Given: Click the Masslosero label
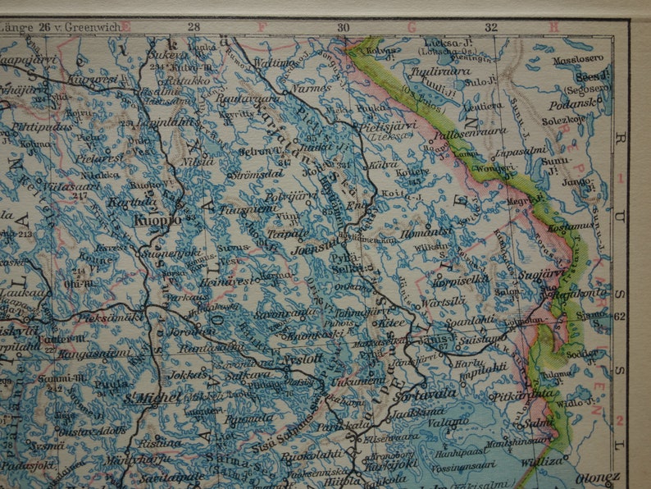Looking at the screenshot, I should click(x=578, y=59).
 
